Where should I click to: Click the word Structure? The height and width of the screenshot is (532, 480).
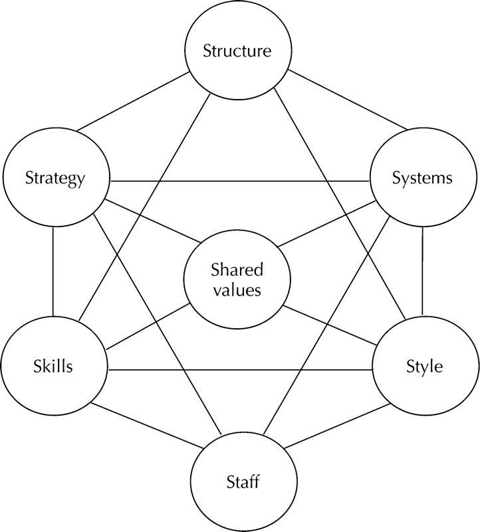point(237,51)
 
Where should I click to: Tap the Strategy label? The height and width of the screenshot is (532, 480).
point(55,178)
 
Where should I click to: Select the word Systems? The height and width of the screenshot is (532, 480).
point(422,178)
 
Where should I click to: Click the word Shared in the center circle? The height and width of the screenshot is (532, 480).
point(237,270)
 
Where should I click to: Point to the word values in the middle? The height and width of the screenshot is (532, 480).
point(237,290)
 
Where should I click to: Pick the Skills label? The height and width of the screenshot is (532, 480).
point(53,366)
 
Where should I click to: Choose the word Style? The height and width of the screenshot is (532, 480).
point(423,366)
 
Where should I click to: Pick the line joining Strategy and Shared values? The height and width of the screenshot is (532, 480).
point(150,222)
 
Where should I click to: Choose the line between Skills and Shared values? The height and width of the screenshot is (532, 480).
point(148,327)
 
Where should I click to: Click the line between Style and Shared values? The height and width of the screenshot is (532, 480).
point(329,327)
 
